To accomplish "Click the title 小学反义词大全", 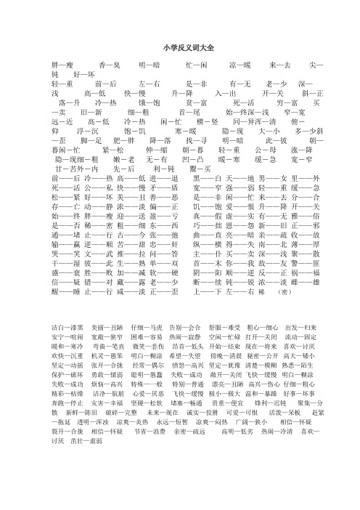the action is point(180,46).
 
